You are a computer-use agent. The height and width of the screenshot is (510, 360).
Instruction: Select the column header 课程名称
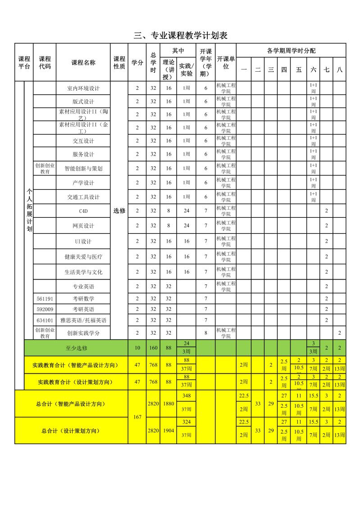click(83, 63)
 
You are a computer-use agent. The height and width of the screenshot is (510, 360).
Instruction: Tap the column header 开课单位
click(226, 63)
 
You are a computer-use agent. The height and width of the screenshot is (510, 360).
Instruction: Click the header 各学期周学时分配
click(291, 50)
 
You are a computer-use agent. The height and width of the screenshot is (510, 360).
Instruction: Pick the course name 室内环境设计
click(83, 88)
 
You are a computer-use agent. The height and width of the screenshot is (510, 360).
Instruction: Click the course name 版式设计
click(83, 101)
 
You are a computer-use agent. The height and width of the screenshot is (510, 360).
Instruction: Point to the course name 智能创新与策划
click(83, 168)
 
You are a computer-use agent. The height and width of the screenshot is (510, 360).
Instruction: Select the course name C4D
click(83, 211)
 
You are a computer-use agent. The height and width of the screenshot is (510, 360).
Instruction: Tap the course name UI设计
click(83, 241)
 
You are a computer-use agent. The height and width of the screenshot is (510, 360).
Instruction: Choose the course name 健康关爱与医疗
click(83, 257)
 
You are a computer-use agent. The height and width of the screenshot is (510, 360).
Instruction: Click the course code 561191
click(45, 299)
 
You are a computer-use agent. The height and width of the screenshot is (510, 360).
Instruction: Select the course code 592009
click(45, 309)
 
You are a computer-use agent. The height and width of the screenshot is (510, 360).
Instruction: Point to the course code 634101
click(45, 320)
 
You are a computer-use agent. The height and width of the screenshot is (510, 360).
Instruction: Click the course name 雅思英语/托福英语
click(83, 320)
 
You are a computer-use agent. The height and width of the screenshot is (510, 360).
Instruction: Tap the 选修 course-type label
click(119, 210)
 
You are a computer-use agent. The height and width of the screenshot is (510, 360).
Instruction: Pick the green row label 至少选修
click(76, 348)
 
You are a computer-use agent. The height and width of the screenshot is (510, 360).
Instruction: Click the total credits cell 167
click(137, 417)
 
